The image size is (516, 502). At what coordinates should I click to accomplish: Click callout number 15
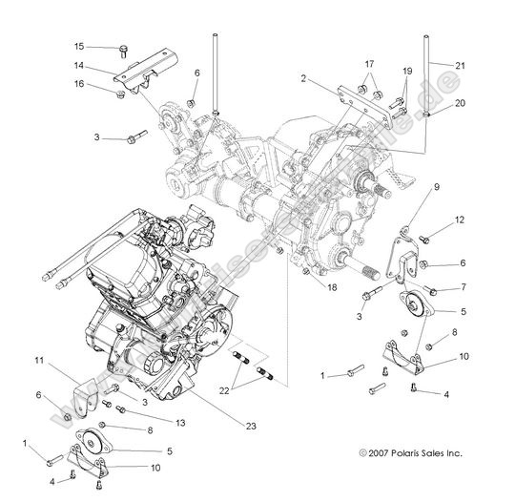coord(79,46)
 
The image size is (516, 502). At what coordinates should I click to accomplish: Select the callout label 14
coord(80,67)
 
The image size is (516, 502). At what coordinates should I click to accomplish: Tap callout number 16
coord(79,85)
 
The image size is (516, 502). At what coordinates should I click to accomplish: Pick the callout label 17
coord(369,63)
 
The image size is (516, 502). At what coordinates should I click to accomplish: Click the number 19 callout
coord(408,71)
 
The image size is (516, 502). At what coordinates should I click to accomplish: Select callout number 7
coord(461,286)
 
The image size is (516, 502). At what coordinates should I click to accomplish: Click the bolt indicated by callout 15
coord(125,48)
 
